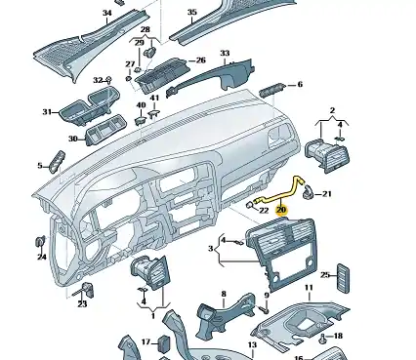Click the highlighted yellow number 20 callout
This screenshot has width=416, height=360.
(281, 210)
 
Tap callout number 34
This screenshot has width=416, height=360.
(107, 13)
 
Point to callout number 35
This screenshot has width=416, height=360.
(192, 12)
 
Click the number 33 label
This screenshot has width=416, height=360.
(225, 53)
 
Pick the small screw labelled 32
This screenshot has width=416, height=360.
(109, 79)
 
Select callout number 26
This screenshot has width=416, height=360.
(201, 60)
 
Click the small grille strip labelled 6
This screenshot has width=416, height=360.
(272, 90)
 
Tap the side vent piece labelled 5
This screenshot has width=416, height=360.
(57, 162)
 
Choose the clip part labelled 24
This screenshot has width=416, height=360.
(40, 243)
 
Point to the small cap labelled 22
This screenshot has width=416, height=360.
(249, 205)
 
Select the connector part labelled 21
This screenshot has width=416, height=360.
(308, 191)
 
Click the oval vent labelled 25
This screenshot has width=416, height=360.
(344, 278)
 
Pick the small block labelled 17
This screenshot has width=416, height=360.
(163, 343)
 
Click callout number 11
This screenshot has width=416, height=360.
(309, 288)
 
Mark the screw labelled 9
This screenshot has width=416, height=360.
(266, 309)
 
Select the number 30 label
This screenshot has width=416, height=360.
(73, 139)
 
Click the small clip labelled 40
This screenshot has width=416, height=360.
(140, 119)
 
